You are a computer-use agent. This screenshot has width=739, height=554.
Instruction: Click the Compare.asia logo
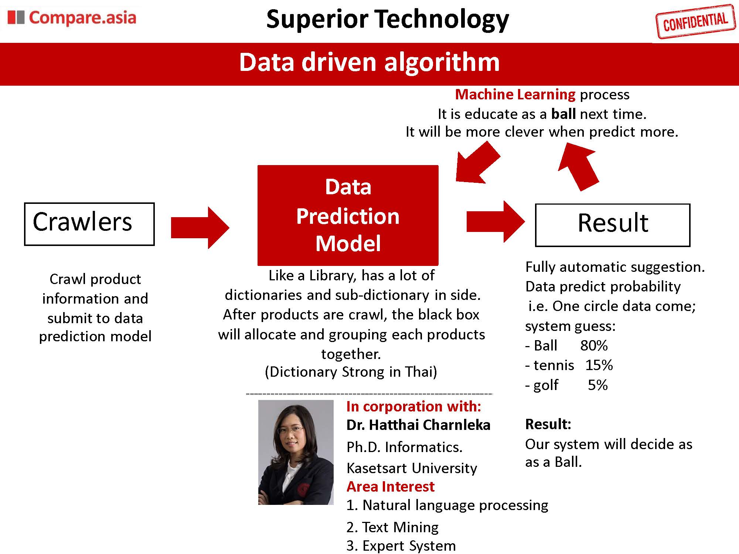coord(72,18)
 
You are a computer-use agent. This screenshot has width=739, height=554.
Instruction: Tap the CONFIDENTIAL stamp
coord(695,21)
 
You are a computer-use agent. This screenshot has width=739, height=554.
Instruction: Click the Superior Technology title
coord(387,19)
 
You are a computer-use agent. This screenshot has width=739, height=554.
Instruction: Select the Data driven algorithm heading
coord(369,62)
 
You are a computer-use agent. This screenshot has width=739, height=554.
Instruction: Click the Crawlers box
coord(89,224)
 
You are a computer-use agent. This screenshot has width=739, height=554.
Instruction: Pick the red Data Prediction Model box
coord(348,215)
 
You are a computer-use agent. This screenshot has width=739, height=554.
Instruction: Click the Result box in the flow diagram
coord(613,225)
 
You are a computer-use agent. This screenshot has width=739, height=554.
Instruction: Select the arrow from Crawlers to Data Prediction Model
coord(200,228)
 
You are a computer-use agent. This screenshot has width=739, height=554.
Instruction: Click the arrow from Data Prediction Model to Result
coord(495,222)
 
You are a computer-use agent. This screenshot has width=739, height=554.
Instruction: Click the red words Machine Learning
coord(515,95)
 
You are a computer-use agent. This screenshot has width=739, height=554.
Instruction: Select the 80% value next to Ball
coord(594,346)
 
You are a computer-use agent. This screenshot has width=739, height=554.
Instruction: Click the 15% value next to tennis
coord(599,365)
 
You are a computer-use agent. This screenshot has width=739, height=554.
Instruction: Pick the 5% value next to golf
coord(598,385)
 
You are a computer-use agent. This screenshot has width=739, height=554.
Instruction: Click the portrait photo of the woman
coord(296,452)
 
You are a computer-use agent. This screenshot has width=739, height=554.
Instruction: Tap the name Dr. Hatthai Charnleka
coord(418,425)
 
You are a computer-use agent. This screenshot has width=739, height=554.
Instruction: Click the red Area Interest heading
coord(391,487)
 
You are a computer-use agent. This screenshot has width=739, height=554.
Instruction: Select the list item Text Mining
coord(392,527)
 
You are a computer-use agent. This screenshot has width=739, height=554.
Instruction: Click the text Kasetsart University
coord(412,468)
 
